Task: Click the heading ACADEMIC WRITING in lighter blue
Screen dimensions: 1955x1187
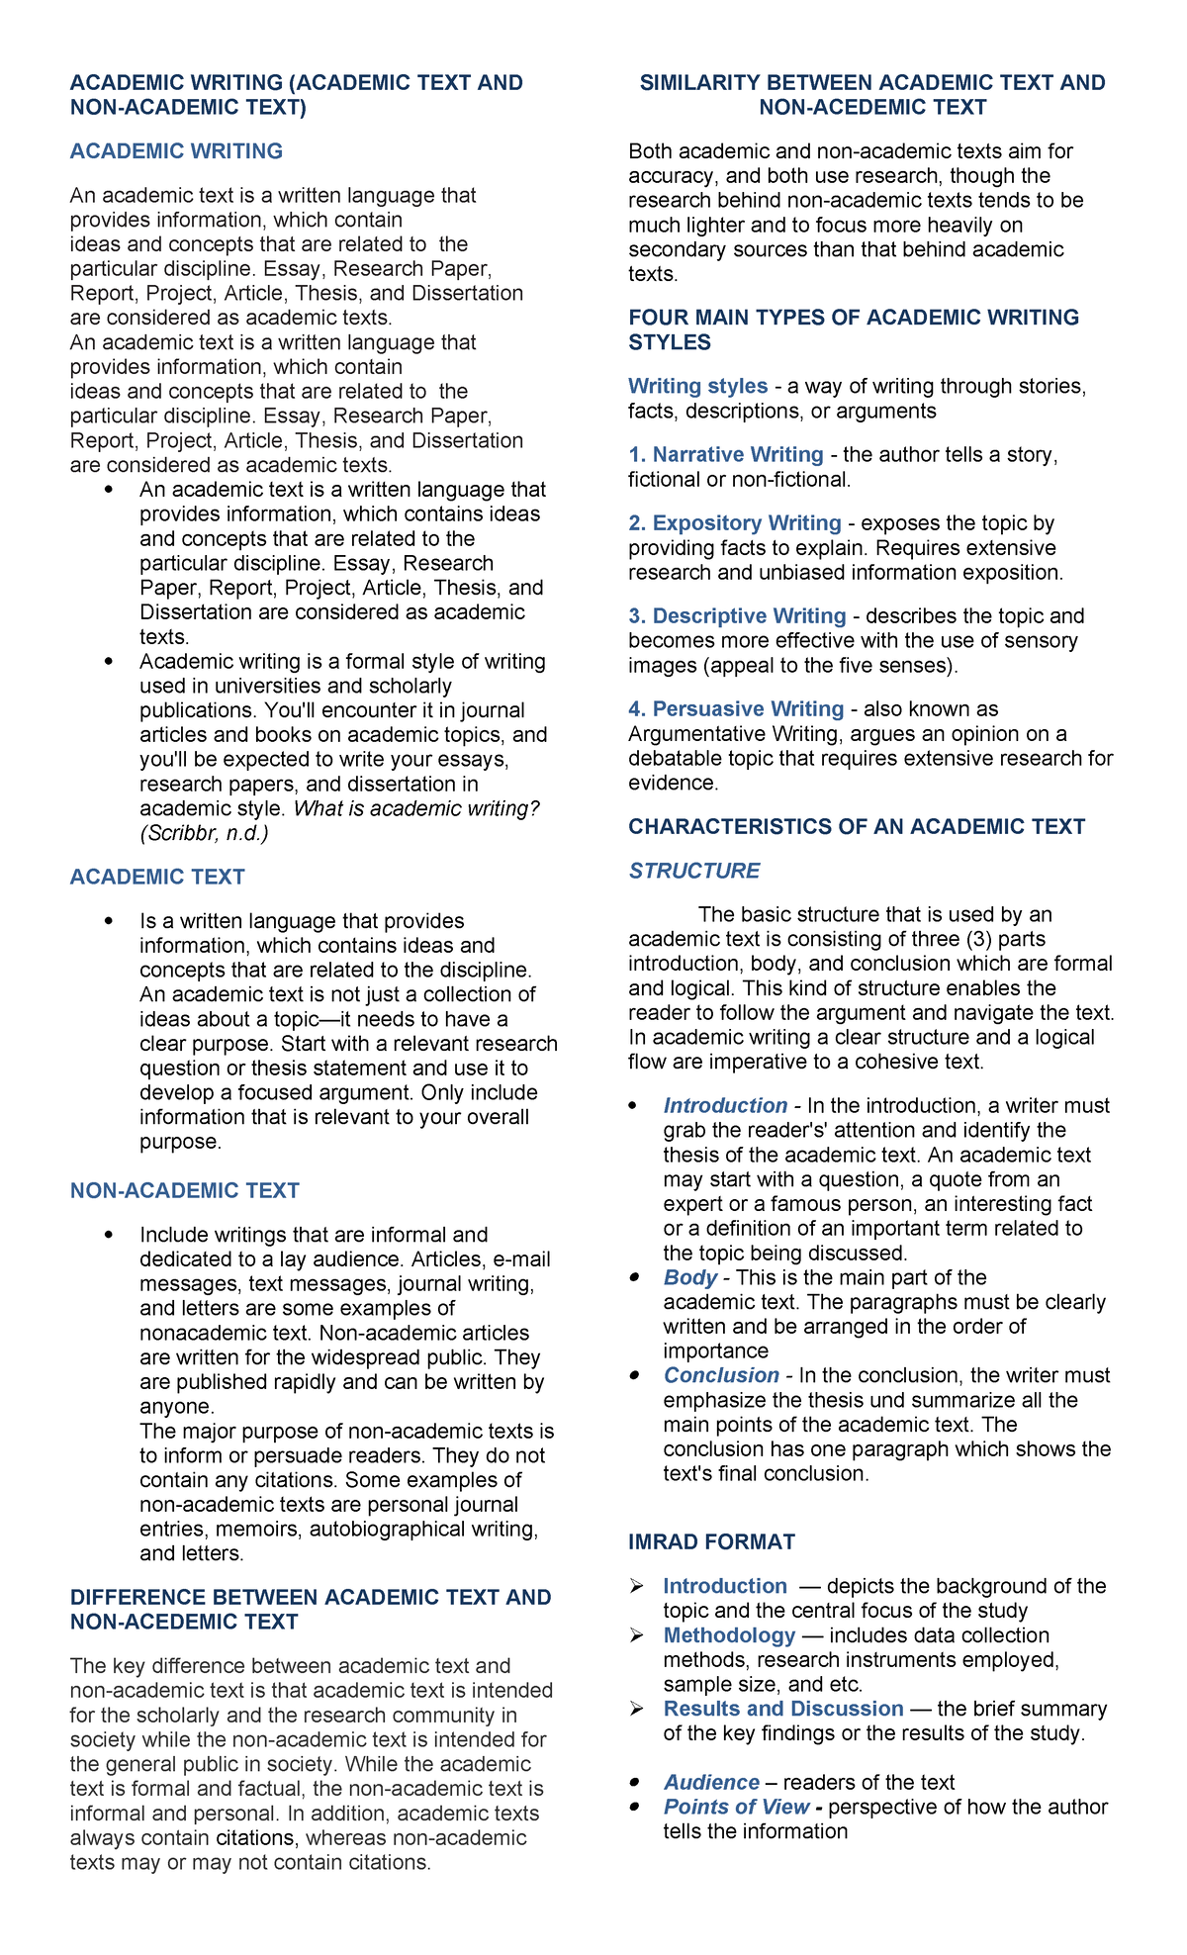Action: coord(176,151)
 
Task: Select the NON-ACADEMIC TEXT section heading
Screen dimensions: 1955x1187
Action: coord(184,1190)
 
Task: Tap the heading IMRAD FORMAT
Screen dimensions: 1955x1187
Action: coord(711,1541)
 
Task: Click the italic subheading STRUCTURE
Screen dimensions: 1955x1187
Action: coord(693,871)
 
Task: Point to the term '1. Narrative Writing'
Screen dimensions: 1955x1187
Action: coord(726,454)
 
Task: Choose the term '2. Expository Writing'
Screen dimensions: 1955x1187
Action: coord(735,522)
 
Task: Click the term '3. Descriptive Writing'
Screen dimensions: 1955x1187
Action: coord(737,615)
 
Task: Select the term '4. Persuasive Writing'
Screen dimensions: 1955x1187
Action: coord(736,708)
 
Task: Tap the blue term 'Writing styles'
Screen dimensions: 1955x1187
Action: coord(697,386)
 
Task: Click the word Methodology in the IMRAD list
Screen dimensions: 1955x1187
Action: coord(729,1635)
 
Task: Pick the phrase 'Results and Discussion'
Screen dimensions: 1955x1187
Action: coord(782,1709)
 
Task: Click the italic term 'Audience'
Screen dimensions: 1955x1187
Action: coord(711,1782)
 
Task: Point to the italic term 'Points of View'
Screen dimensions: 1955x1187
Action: coord(736,1807)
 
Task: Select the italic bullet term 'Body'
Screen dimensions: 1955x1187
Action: coord(689,1277)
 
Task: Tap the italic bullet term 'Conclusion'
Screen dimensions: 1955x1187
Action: coord(721,1375)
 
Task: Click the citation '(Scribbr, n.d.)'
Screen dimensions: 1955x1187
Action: coord(204,833)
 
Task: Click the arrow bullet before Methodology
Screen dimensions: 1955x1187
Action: coord(636,1636)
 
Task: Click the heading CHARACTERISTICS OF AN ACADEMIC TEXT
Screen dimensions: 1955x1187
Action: coord(856,826)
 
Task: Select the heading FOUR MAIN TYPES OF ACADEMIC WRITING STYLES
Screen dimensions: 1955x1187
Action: coord(853,329)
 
